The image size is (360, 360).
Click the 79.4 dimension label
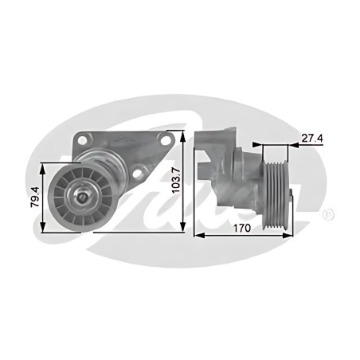35,197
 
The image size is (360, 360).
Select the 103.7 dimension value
176,180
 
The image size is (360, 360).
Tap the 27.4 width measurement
312,138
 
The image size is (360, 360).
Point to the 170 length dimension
242,228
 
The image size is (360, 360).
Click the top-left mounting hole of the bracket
83,140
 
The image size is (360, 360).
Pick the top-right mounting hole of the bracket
166,140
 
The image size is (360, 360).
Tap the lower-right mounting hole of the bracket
137,173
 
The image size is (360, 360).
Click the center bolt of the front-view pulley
82,197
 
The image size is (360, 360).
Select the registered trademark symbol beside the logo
328,214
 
